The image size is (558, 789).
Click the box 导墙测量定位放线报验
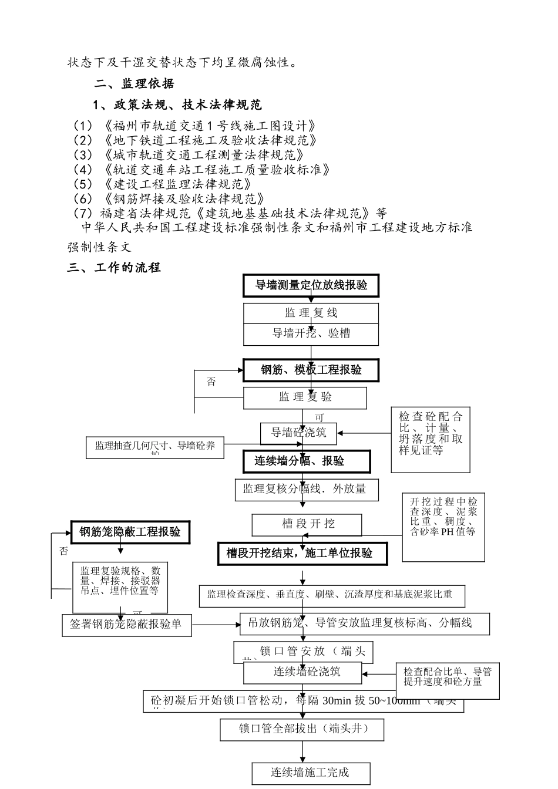pos(311,285)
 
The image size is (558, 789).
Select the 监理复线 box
pos(311,313)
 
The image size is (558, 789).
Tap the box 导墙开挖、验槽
pos(311,333)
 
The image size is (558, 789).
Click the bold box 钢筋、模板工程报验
pos(311,370)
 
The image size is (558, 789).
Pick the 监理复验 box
pos(305,397)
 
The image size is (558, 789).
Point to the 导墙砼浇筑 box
pos(298,433)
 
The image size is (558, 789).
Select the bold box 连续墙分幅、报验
pos(307,461)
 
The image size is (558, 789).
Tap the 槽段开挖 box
pos(307,524)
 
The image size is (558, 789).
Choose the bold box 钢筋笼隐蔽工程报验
pos(130,532)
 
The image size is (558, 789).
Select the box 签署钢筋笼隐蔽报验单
pos(126,624)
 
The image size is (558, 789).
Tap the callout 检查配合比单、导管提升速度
pos(448,680)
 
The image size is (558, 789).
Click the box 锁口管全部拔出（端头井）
pos(302,729)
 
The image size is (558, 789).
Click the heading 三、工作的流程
pos(114,268)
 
